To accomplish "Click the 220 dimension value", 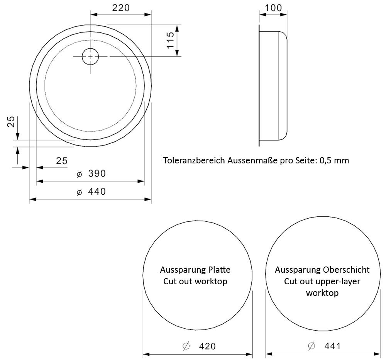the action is coord(120,8).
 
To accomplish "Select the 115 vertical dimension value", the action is coord(170,40).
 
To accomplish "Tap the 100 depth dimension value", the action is coord(273,8).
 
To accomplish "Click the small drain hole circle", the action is coord(90,56).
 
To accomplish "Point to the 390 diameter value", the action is coord(97,173).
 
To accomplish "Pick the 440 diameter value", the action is coord(97,192).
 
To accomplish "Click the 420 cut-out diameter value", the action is coord(207,346).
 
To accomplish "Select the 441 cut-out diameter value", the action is coord(333,346).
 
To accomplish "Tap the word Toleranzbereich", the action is coord(194,160).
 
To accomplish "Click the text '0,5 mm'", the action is coord(334,160).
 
